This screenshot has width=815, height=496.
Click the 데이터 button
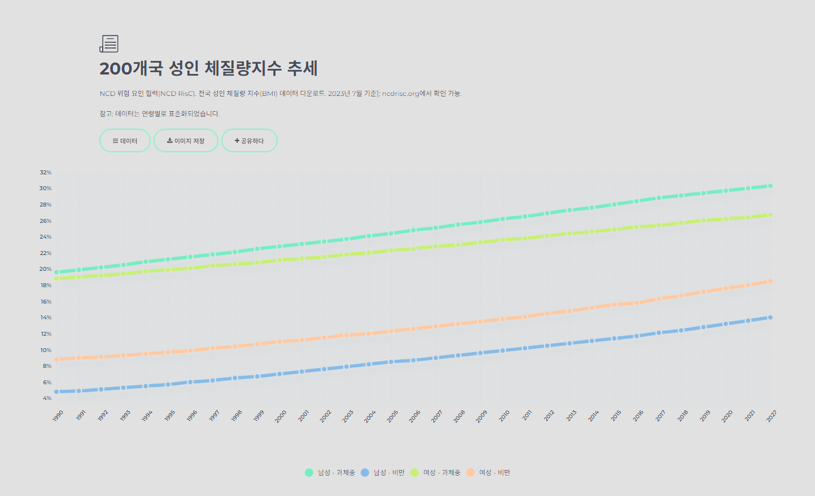click(125, 141)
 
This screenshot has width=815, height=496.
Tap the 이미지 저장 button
click(186, 141)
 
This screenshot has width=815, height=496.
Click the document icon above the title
click(109, 43)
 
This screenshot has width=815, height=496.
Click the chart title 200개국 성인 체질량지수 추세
click(208, 68)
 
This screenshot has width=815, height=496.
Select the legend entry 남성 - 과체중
click(330, 472)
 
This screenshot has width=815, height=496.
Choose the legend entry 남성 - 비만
click(383, 472)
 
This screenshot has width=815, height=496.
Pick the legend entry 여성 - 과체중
click(436, 472)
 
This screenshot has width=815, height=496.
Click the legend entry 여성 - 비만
click(489, 472)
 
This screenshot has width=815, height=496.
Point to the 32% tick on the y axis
click(46, 172)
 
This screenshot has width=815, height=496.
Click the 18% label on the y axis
click(46, 286)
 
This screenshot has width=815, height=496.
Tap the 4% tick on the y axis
click(47, 398)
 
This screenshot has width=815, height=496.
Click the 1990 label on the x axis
click(58, 416)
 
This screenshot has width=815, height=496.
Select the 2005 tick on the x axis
click(392, 416)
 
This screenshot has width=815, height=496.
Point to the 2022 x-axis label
click(772, 416)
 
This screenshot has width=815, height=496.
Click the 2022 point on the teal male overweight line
click(770, 186)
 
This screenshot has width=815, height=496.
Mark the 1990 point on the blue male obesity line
click(56, 392)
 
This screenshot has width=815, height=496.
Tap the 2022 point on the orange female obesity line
click(770, 281)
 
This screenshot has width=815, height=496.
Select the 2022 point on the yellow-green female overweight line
click(770, 215)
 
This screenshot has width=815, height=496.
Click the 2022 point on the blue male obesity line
click(770, 318)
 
